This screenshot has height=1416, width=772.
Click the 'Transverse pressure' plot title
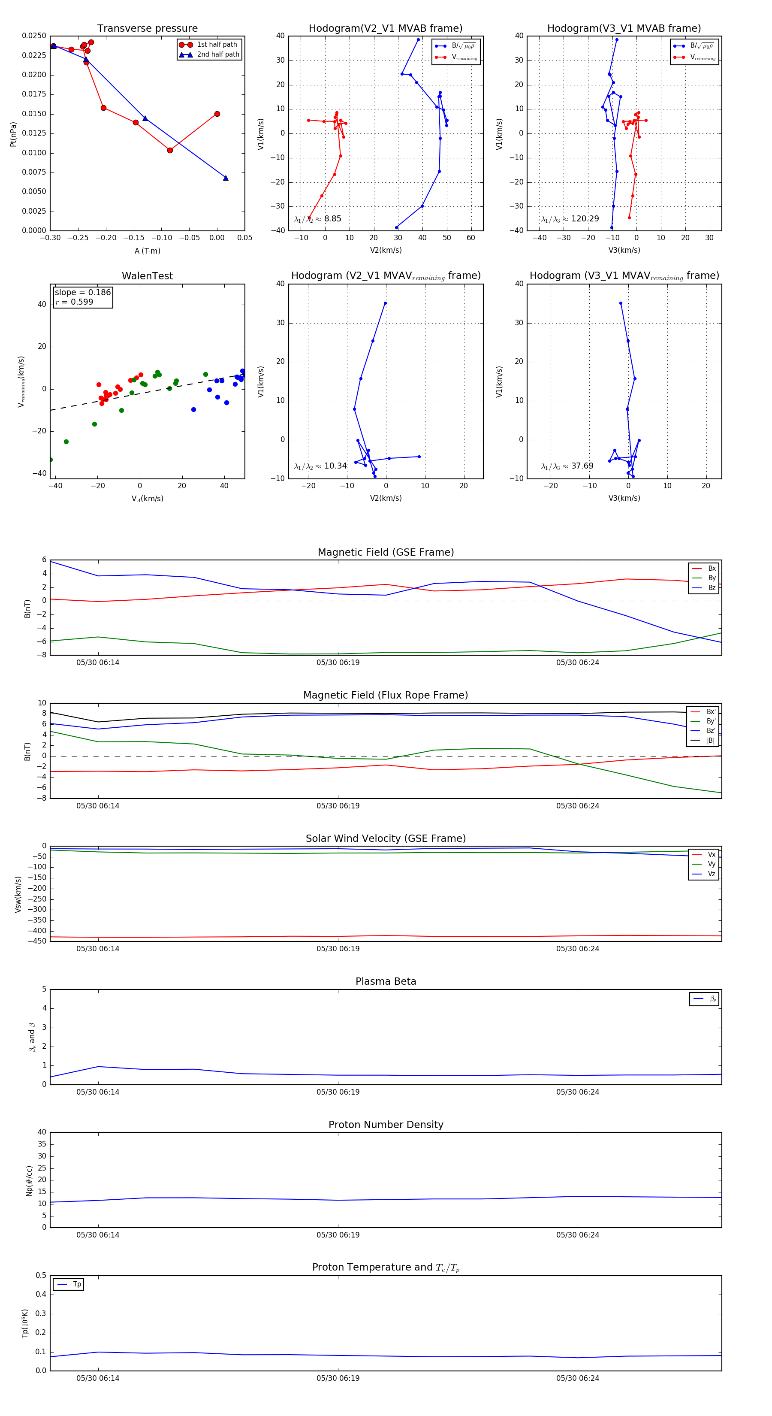147,29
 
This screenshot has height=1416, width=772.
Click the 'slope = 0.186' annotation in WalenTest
82,293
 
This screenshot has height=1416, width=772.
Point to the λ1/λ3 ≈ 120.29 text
570,219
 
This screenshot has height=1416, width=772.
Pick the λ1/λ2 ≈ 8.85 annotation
317,219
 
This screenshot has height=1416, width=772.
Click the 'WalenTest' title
147,276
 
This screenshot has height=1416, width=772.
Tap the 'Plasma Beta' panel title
386,981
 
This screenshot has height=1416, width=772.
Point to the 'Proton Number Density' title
386,1125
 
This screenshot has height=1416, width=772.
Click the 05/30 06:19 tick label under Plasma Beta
338,1092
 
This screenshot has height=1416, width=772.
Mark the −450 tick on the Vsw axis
37,941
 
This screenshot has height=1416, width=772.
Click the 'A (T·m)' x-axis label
147,251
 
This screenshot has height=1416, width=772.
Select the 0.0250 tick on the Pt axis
34,36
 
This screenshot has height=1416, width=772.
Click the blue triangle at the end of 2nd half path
225,178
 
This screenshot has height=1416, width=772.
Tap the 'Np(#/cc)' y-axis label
29,1181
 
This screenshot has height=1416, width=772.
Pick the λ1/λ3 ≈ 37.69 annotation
567,466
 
